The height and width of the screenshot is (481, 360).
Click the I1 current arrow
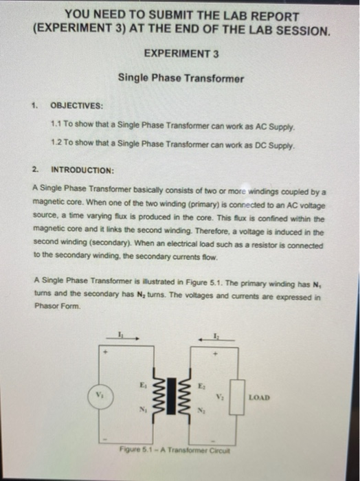128,337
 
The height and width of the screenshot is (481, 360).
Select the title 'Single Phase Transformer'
181,78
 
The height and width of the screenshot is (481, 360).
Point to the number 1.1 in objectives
57,127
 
